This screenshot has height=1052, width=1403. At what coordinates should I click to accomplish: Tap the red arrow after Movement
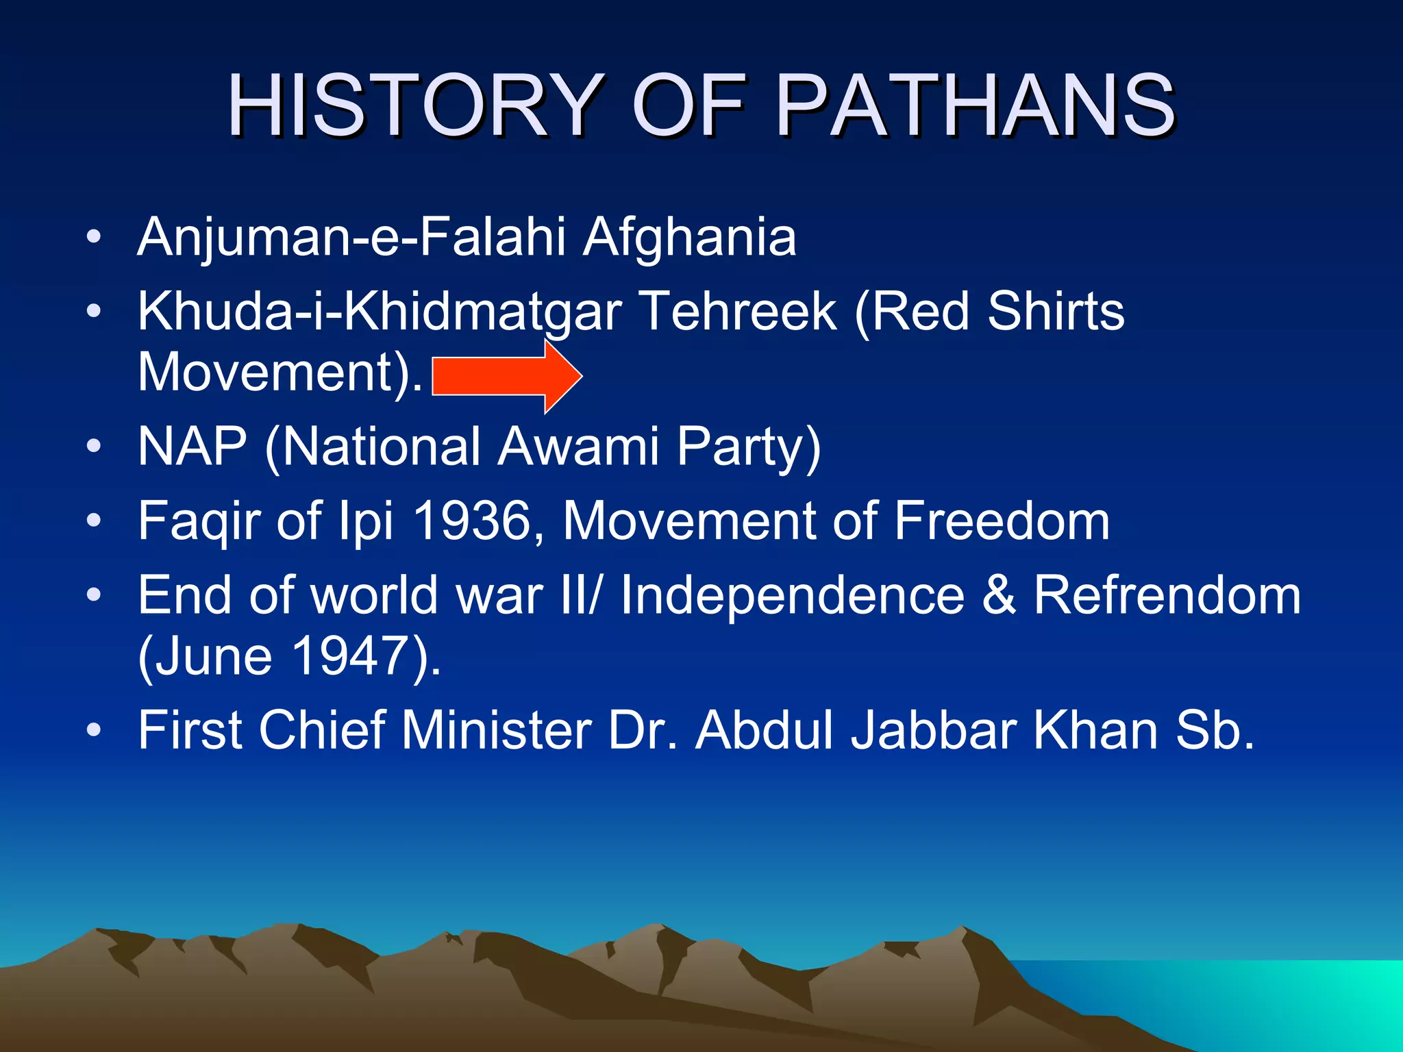507,376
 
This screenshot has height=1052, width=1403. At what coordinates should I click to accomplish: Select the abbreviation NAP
193,447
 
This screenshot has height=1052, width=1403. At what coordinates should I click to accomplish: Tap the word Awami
578,447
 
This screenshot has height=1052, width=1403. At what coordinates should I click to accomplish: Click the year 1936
473,521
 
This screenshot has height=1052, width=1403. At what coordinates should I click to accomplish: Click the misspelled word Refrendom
1167,595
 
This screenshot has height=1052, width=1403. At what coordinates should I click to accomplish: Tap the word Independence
792,595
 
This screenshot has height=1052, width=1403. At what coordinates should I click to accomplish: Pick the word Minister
496,730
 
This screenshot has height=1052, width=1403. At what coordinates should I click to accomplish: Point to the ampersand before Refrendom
999,595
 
